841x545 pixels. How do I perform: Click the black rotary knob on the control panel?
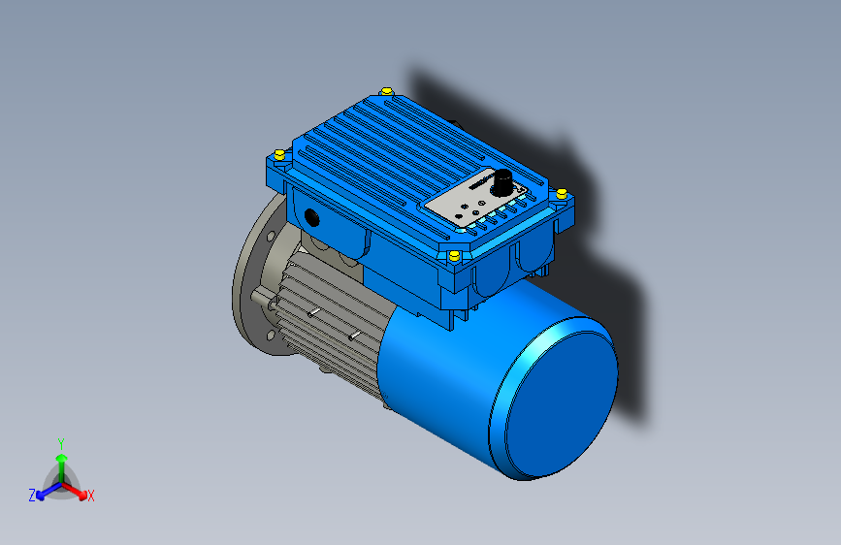504,181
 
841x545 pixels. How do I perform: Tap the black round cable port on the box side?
311,217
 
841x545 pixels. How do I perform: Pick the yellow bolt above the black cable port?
279,155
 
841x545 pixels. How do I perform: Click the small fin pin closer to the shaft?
312,313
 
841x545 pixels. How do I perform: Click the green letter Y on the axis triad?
61,442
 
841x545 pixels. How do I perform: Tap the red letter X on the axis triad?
91,496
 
